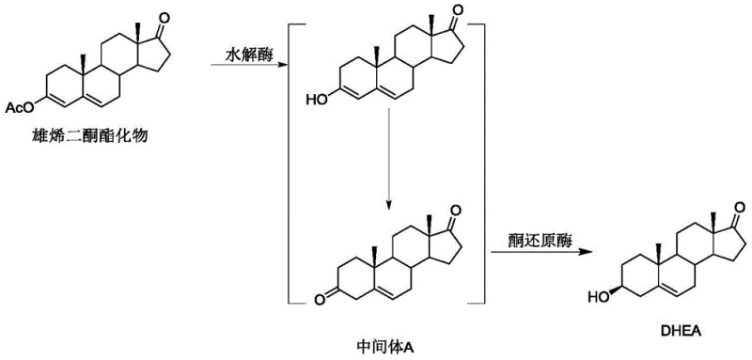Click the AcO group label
[18, 110]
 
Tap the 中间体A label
[388, 346]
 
